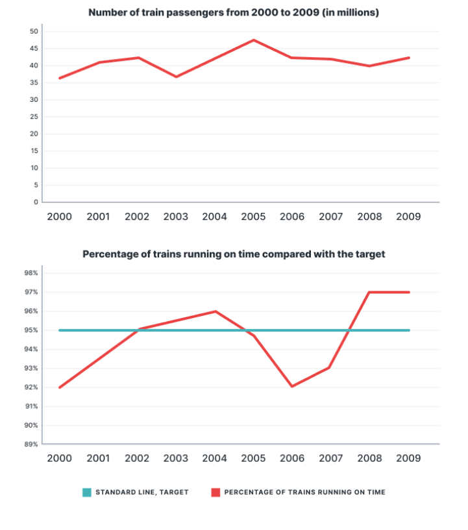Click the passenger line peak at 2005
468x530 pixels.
(x=253, y=40)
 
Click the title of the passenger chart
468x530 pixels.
(x=234, y=12)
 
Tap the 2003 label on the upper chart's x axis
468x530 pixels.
(x=176, y=217)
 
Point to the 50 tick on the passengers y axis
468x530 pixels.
(x=34, y=31)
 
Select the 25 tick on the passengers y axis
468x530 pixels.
(x=34, y=117)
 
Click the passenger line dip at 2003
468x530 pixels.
(x=176, y=77)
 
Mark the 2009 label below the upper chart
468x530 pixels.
(x=408, y=217)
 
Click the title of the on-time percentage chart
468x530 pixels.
(x=234, y=254)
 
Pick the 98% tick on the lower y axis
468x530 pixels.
(x=31, y=273)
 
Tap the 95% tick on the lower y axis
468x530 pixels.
(x=31, y=330)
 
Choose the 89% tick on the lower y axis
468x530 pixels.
(x=31, y=445)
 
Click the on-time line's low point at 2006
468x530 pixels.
(x=292, y=387)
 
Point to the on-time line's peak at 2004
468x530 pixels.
(x=215, y=311)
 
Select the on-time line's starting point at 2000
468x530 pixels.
(x=60, y=387)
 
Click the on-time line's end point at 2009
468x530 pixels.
(x=409, y=292)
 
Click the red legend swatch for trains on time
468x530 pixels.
(x=215, y=492)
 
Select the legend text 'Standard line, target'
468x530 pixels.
(x=142, y=492)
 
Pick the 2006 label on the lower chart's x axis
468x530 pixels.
(x=292, y=458)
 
